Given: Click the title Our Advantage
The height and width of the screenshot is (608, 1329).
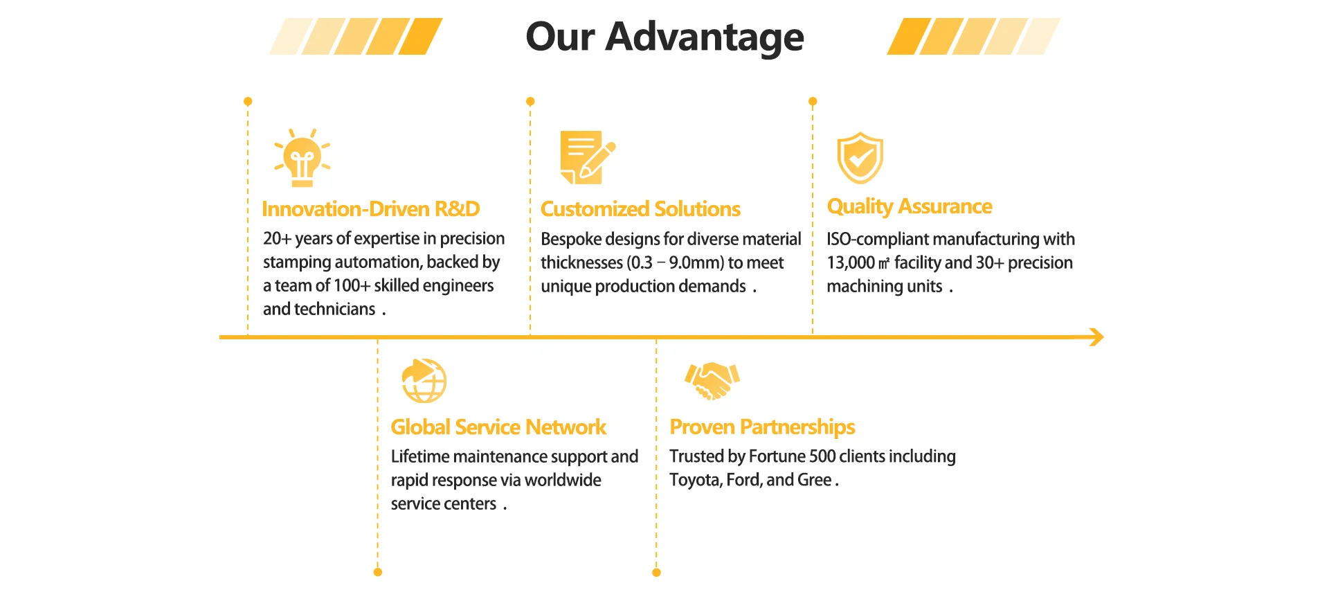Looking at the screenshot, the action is coord(664,37).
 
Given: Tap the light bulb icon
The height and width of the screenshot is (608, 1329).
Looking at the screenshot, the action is coord(302,158).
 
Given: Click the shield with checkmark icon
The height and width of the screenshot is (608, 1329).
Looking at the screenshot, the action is coord(860,158).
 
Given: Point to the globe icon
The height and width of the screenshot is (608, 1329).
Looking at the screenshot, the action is coord(424,380).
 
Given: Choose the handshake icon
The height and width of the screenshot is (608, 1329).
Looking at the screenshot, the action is coord(712,380).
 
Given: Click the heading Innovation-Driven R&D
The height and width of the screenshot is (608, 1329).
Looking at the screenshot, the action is coord(371,209).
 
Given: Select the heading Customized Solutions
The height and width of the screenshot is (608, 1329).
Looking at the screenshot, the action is coord(640,209).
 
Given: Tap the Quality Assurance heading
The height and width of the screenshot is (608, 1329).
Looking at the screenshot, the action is coord(910,206).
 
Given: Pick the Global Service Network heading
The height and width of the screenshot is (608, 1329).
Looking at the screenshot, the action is coord(498,427).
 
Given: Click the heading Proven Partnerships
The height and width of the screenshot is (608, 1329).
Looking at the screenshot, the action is coord(762,427).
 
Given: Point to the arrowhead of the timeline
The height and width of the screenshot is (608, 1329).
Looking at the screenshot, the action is coord(1096,337).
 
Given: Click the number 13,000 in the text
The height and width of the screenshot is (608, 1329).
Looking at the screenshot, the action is coord(851,263).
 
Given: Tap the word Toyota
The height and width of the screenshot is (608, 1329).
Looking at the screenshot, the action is coord(694,480).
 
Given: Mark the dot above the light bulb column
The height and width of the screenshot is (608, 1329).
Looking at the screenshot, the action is coord(248,102).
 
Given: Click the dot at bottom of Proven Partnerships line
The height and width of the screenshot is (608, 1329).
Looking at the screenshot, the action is coord(656,573).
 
